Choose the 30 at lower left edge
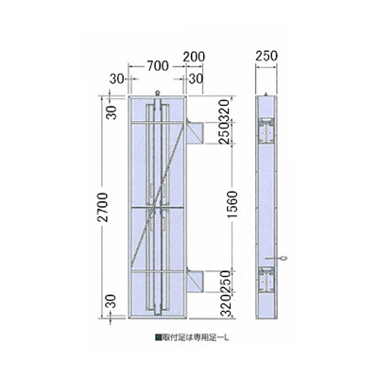click(111, 302)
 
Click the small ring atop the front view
click(156, 94)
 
